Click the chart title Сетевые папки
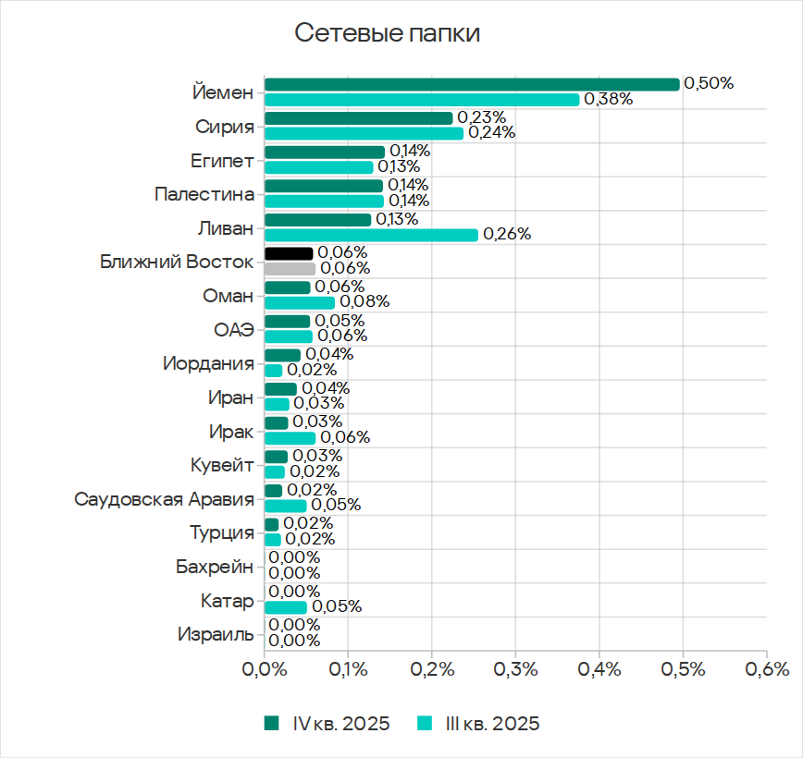(x=388, y=34)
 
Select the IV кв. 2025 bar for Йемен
(x=472, y=84)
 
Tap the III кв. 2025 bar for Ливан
(x=371, y=235)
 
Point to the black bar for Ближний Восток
(x=289, y=253)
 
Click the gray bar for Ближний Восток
(x=290, y=269)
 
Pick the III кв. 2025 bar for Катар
(x=286, y=607)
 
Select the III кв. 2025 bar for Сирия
(x=364, y=133)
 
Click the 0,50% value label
(x=709, y=83)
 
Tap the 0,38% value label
(x=608, y=100)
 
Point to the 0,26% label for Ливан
(x=507, y=235)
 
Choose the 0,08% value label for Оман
(x=364, y=302)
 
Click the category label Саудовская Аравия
(x=164, y=499)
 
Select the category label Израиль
(x=215, y=634)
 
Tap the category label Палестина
(x=204, y=195)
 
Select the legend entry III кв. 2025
(x=478, y=724)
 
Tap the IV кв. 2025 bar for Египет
(x=325, y=152)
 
